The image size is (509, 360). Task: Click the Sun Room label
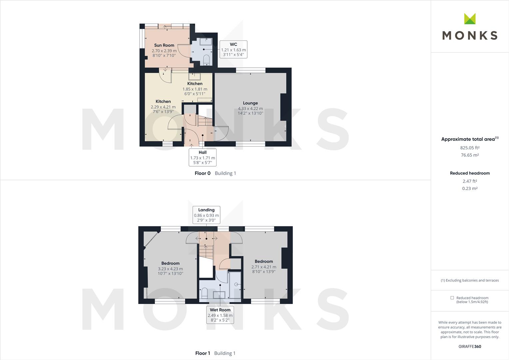pos(164,45)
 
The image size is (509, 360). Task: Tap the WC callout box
pos(233,49)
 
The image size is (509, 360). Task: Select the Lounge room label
pos(250,103)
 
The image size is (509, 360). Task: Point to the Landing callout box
pos(206,215)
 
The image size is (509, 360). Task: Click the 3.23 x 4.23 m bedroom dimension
pos(170,269)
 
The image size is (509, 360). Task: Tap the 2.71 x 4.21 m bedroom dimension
pos(263,267)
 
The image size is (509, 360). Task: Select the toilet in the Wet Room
pos(205,292)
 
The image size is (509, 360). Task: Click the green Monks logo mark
pos(470,19)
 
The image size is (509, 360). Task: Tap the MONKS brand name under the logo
pos(470,35)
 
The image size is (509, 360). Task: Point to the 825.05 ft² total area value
pos(470,148)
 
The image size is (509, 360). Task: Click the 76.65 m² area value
pos(470,155)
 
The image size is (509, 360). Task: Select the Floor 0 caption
pos(203,173)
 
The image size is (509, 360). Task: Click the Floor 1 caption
pos(203,353)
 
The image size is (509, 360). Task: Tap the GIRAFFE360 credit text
pos(470,346)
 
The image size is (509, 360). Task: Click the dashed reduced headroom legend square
pos(452,298)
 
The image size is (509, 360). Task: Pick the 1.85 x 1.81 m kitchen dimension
pos(195,89)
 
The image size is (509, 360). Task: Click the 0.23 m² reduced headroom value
pos(470,188)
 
